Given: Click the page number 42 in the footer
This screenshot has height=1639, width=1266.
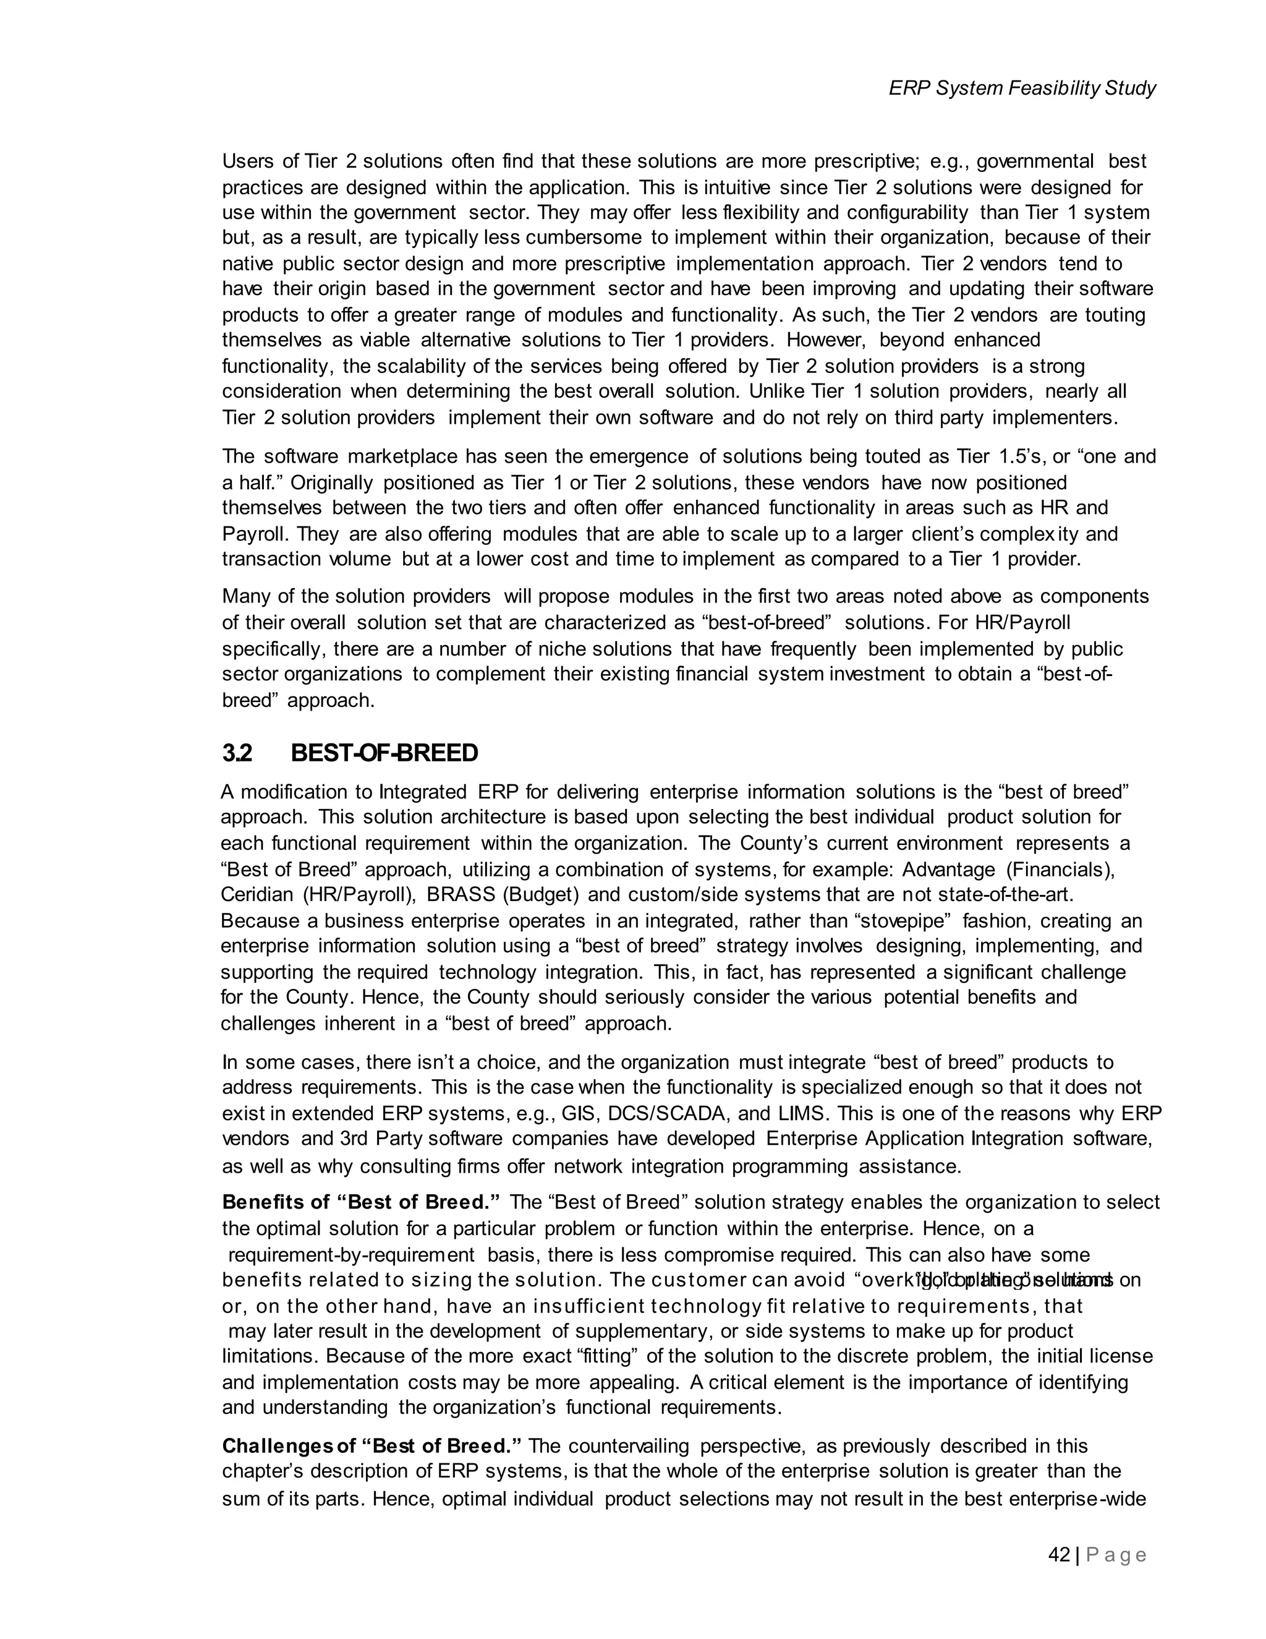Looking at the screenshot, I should pyautogui.click(x=1058, y=1555).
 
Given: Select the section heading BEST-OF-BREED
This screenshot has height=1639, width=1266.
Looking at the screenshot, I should pyautogui.click(x=384, y=753).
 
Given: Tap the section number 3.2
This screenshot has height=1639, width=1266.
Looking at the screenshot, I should pyautogui.click(x=236, y=753).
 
